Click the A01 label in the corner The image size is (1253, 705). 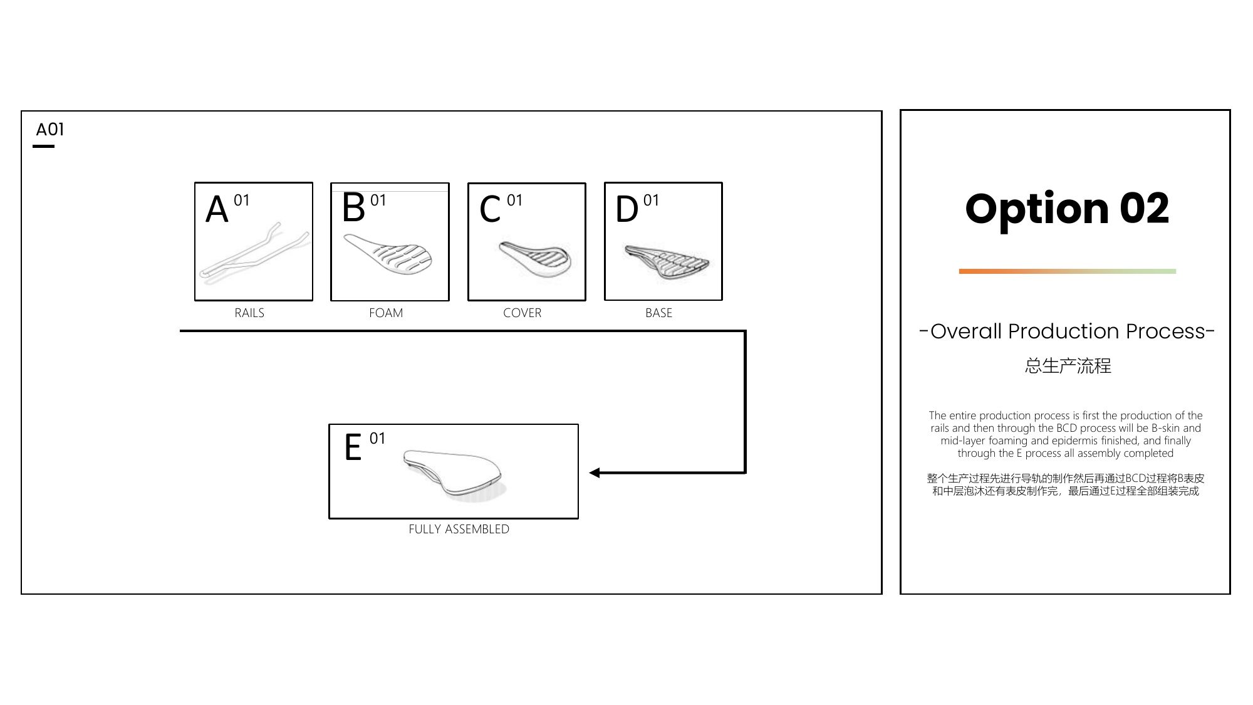tap(50, 130)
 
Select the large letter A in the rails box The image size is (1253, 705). tap(217, 209)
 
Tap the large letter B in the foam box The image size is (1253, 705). tap(353, 208)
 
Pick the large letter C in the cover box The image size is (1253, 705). tap(490, 209)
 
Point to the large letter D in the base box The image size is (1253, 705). tap(626, 209)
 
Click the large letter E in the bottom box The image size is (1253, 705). tap(353, 447)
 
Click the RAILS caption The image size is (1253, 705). tap(249, 313)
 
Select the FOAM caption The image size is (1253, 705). tap(386, 313)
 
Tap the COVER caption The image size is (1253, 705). tap(522, 313)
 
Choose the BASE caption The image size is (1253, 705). tap(658, 313)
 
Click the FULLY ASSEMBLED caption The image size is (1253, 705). tap(459, 529)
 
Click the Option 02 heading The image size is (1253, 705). tap(1067, 209)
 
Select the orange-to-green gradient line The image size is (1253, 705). tap(1068, 271)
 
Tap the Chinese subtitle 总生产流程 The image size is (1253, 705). tap(1068, 365)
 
